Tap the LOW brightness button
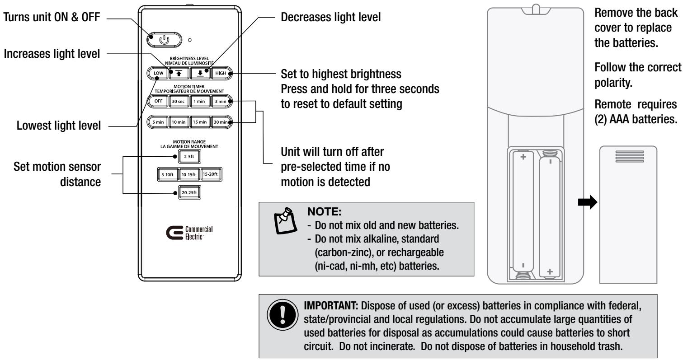(x=157, y=73)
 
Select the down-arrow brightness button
(x=200, y=73)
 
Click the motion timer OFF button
(x=157, y=101)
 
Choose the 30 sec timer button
(x=178, y=101)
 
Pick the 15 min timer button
(x=200, y=122)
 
